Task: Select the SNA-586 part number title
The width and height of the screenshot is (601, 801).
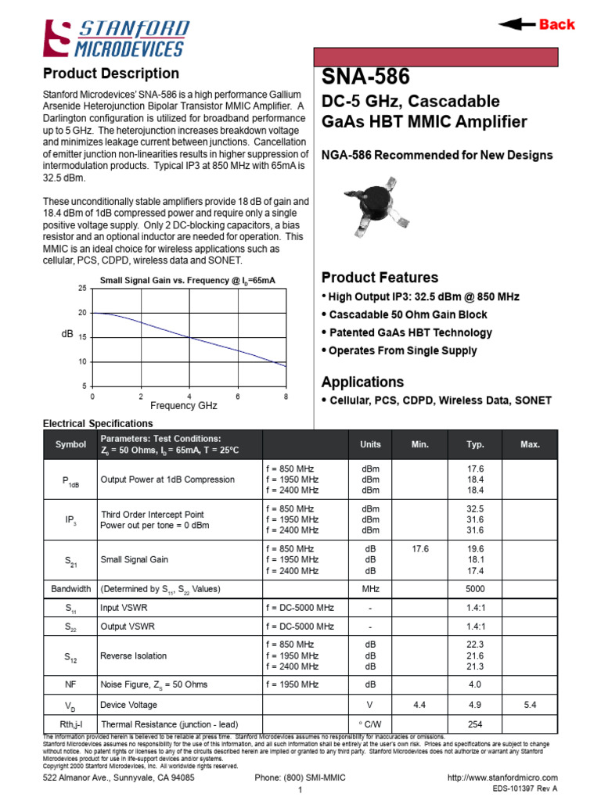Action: (365, 77)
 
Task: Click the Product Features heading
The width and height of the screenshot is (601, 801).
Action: (380, 278)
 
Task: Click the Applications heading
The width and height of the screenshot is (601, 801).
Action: (363, 382)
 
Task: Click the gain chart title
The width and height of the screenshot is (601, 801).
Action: (187, 280)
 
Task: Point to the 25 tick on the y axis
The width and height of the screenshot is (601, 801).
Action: (82, 289)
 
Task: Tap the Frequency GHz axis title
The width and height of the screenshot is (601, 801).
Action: (183, 406)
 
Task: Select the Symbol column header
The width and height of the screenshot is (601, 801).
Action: (70, 444)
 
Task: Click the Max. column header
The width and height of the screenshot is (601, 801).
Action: (530, 444)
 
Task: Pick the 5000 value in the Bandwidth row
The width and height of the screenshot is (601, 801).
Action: (475, 588)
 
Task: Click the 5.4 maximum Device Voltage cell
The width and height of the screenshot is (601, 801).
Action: (530, 705)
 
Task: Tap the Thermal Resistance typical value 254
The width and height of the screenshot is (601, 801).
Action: (475, 724)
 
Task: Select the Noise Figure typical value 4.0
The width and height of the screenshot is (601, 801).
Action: (475, 684)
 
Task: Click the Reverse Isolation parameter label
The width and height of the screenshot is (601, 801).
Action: (134, 656)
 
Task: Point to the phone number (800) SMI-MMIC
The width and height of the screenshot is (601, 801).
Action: (300, 778)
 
